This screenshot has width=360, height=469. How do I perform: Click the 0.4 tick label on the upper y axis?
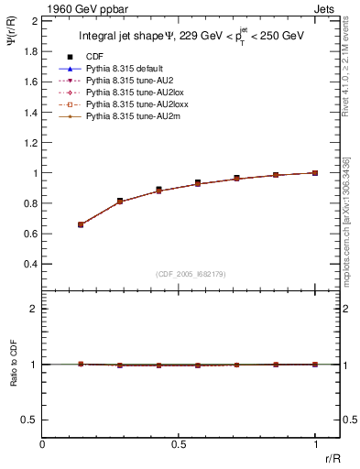pyautogui.click(x=30, y=264)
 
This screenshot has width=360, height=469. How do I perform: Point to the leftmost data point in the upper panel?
pyautogui.click(x=81, y=224)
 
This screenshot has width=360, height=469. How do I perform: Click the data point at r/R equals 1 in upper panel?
pyautogui.click(x=315, y=172)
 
